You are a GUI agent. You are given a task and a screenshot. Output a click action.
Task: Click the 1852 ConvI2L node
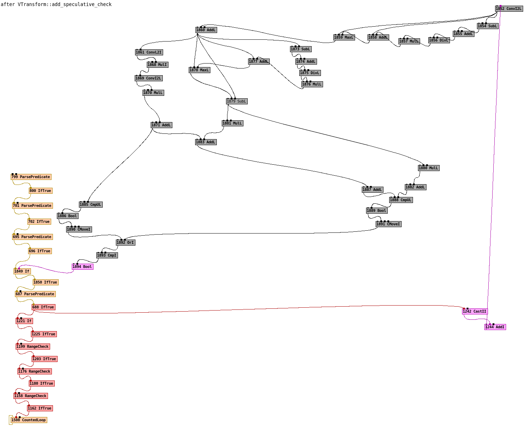(x=509, y=9)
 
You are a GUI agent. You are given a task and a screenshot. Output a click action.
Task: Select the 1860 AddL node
(x=206, y=30)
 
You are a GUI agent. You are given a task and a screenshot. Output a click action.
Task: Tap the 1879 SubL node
(x=237, y=101)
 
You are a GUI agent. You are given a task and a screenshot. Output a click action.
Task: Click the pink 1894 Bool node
(x=82, y=267)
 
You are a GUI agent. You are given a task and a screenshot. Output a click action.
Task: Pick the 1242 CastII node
(x=474, y=312)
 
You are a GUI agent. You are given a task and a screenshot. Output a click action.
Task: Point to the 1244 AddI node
(x=495, y=327)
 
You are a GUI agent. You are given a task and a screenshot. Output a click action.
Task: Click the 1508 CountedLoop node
(x=29, y=420)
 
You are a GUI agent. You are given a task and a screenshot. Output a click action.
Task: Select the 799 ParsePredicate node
(x=31, y=177)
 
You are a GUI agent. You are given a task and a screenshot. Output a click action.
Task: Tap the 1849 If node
(x=22, y=271)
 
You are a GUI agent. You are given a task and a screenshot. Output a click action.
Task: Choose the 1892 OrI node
(x=125, y=243)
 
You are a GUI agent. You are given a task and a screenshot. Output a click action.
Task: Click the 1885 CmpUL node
(x=91, y=205)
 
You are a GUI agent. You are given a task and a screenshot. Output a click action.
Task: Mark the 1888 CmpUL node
(x=401, y=200)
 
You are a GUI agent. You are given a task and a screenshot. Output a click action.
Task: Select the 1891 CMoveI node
(x=388, y=224)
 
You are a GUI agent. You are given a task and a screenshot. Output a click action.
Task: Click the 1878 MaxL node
(x=199, y=70)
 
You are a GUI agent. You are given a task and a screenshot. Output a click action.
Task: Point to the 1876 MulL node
(x=312, y=84)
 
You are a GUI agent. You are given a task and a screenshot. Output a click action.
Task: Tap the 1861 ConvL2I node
(x=149, y=53)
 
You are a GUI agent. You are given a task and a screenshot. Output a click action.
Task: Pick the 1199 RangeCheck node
(x=33, y=347)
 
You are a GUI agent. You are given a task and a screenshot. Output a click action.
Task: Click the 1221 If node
(x=24, y=321)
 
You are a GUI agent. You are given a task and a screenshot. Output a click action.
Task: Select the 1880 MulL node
(x=429, y=168)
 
